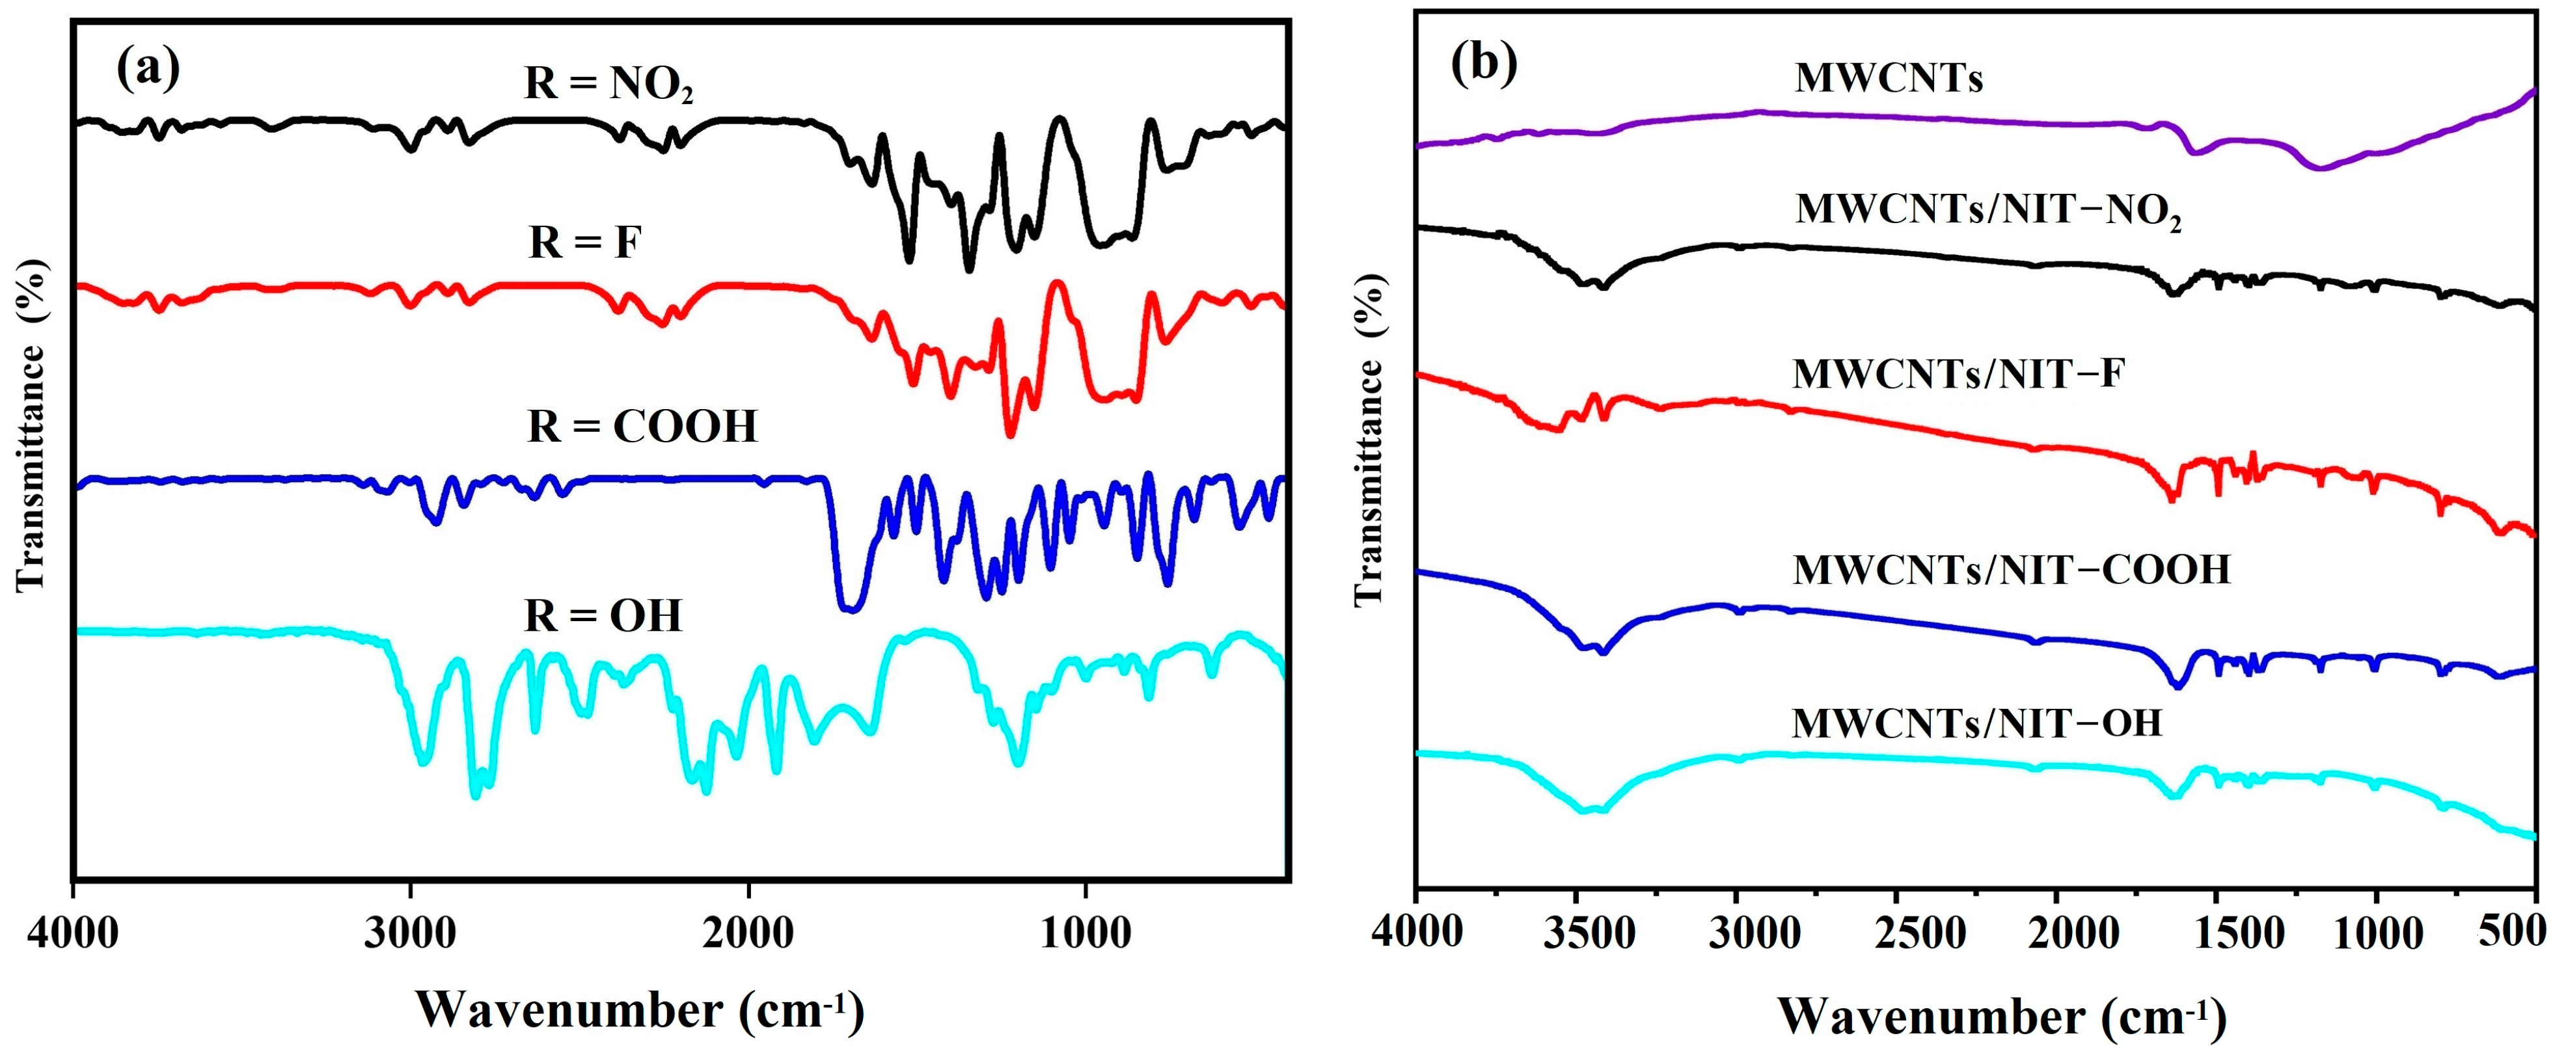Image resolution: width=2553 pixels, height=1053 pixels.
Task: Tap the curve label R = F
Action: [x=585, y=242]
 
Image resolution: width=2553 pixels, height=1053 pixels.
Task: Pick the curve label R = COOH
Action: [x=642, y=426]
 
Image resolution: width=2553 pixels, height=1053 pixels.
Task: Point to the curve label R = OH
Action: [x=603, y=616]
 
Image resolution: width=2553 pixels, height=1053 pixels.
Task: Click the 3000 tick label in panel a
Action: [x=410, y=932]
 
